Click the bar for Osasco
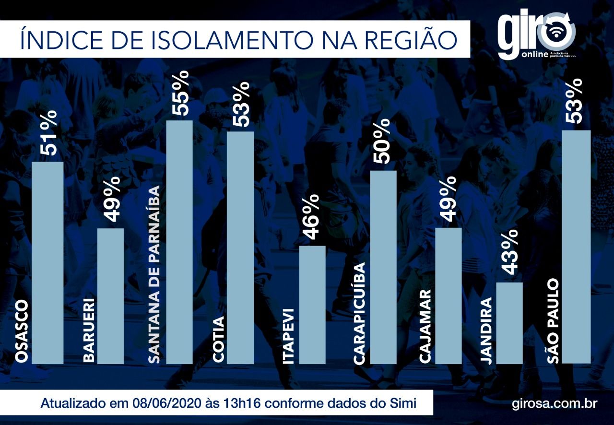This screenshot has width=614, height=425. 47,263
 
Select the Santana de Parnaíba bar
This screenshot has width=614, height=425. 179,242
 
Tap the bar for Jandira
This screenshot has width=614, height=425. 509,323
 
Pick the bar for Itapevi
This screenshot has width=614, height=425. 312,305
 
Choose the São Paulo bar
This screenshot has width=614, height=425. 576,247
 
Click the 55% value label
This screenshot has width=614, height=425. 180,93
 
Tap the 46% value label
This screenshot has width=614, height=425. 312,217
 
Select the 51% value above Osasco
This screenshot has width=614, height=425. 48,133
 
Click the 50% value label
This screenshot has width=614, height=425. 381,142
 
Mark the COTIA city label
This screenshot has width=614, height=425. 218,340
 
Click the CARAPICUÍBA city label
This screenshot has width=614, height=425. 359,313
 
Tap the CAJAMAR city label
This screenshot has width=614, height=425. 425,326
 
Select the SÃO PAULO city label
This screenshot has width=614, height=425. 553,321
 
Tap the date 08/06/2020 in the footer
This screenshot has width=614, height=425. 167,403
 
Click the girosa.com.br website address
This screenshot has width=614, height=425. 555,404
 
